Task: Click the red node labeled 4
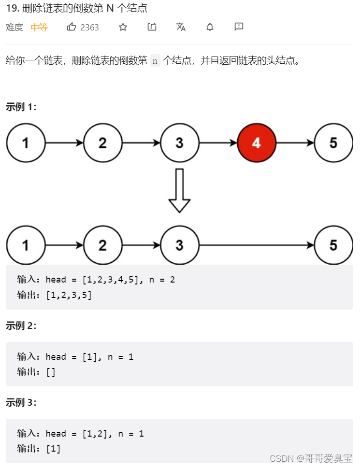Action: tap(257, 143)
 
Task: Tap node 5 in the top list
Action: tap(333, 143)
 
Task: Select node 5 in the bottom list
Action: tap(333, 245)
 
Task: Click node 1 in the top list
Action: tap(25, 143)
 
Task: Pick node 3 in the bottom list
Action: tap(179, 245)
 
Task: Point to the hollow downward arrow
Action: tap(179, 190)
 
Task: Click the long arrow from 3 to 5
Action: tap(257, 245)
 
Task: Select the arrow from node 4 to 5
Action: tap(295, 143)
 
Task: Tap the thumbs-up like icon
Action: tap(72, 27)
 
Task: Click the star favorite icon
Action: tap(123, 27)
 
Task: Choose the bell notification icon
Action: tap(210, 27)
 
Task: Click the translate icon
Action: tap(181, 27)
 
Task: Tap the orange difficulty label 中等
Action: tap(39, 28)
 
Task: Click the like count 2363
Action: tap(89, 28)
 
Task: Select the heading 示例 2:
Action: tap(21, 326)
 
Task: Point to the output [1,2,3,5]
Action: tap(69, 295)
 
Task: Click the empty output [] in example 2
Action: tap(51, 372)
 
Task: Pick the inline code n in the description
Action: tap(155, 61)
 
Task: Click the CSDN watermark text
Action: tap(311, 458)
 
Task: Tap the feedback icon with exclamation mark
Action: tap(239, 27)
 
